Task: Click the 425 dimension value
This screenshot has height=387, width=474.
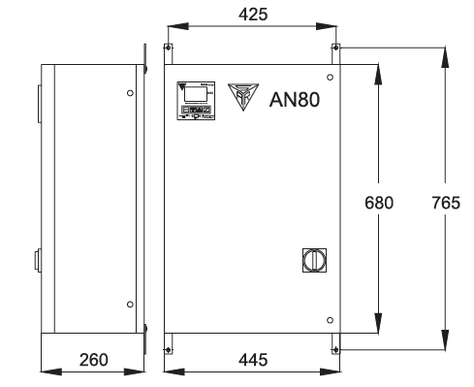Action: tap(253, 15)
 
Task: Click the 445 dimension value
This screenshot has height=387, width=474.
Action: tap(253, 360)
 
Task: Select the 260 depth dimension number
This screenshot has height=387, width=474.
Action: tap(94, 360)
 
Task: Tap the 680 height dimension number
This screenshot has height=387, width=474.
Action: tap(379, 203)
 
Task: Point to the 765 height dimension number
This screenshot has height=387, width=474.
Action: tap(446, 203)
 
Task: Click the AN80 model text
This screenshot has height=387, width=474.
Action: tap(295, 99)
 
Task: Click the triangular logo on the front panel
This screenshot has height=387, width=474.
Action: tap(243, 96)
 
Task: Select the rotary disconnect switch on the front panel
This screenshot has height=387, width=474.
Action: tap(314, 260)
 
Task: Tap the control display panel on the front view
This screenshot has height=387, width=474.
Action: tap(196, 101)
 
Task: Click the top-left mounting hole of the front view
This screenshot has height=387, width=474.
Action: tap(168, 48)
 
